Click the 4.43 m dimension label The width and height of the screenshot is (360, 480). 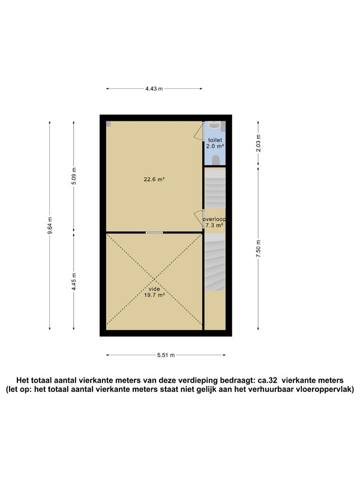click(x=154, y=89)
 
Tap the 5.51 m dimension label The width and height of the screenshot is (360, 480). click(x=166, y=355)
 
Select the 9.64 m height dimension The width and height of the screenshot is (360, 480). click(x=50, y=226)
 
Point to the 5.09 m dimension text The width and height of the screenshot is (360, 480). click(x=74, y=176)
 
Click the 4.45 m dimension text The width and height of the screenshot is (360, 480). click(x=74, y=281)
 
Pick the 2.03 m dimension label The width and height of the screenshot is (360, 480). click(x=259, y=143)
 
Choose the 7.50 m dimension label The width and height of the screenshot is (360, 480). click(x=259, y=248)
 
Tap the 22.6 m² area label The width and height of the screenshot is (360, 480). click(x=154, y=179)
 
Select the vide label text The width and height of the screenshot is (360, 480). click(x=154, y=289)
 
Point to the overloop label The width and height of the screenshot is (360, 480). click(x=214, y=219)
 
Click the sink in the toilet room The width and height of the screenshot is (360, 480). click(x=215, y=125)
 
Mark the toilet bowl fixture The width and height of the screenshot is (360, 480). click(x=216, y=160)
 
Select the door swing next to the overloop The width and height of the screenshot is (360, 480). click(x=199, y=219)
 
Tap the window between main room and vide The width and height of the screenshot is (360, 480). click(x=154, y=233)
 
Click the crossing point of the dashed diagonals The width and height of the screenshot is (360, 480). click(x=154, y=280)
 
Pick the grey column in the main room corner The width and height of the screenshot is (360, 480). click(x=109, y=124)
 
